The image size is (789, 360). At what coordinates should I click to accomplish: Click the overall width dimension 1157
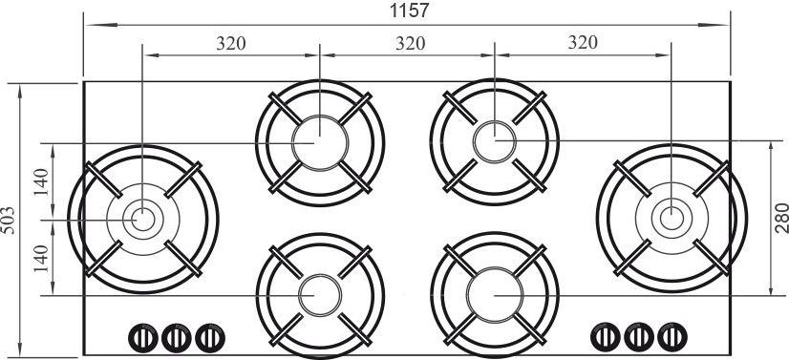(410, 11)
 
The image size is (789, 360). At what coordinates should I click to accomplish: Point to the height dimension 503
(9, 221)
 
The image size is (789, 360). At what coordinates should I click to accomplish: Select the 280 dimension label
(781, 218)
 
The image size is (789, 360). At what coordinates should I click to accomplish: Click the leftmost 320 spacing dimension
(231, 44)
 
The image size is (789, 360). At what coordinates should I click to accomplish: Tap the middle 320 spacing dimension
(410, 44)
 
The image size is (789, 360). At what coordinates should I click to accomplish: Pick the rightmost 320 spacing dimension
(583, 43)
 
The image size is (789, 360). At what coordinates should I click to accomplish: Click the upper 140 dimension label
(42, 182)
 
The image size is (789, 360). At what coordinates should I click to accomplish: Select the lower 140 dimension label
(42, 259)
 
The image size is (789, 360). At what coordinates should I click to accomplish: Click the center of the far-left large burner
(143, 220)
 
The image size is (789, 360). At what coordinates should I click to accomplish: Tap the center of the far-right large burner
(672, 219)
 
